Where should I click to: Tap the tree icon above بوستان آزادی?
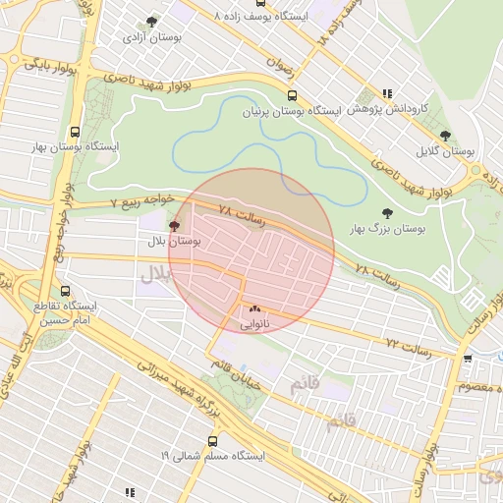[150, 21]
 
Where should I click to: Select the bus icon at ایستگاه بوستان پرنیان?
[292, 95]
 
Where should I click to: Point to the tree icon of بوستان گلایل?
[445, 136]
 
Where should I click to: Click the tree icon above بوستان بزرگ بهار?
[386, 212]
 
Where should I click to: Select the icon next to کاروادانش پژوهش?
[387, 94]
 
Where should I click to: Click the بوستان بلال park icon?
[175, 226]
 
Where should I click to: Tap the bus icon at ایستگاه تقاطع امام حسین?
[66, 292]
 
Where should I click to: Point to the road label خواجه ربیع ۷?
[141, 200]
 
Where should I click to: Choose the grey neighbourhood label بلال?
[155, 275]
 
